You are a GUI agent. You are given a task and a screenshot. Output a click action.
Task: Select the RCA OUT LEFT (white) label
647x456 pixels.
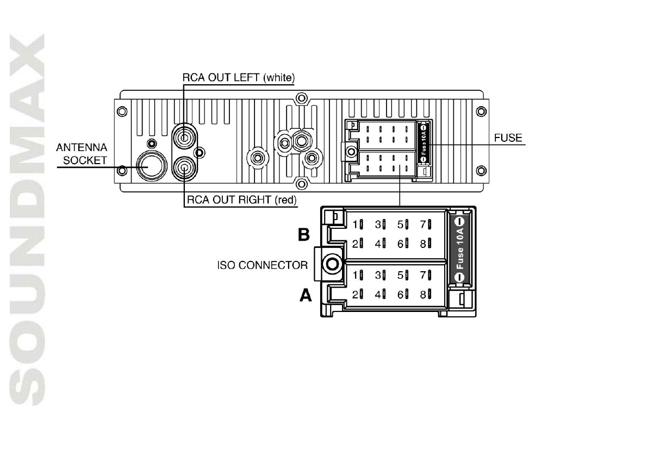point(238,78)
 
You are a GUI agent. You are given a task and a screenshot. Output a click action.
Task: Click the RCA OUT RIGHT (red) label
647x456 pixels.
point(241,200)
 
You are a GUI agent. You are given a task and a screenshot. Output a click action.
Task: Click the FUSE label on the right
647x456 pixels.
point(508,138)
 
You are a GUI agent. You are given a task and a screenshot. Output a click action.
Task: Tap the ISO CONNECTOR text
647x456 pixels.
point(262,266)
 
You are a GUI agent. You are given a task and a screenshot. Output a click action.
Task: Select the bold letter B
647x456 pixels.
point(304,235)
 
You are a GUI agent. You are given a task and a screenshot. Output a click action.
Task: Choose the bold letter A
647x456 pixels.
point(306,296)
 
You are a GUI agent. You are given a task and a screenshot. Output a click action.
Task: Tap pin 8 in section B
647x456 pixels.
point(426,243)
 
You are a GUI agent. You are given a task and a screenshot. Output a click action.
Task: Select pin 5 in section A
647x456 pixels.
point(403,275)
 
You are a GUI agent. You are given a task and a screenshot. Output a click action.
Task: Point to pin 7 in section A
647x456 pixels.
point(426,275)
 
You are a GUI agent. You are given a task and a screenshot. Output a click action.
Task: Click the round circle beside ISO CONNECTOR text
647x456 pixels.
point(332,265)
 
